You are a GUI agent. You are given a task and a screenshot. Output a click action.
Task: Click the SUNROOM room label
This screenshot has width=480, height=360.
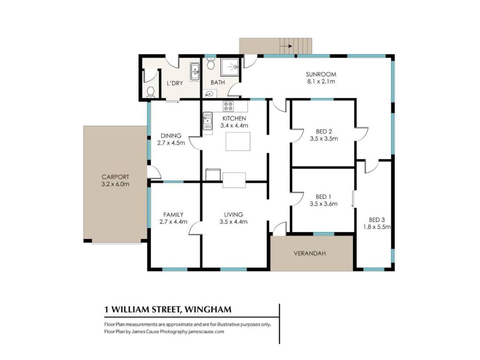(x=321, y=75)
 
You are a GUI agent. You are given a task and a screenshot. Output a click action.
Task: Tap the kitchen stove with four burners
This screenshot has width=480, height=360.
(x=228, y=106)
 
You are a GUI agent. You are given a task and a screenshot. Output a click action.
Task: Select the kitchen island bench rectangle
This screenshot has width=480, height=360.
(x=238, y=142)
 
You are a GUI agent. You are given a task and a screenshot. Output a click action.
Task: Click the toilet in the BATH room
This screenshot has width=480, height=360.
(x=210, y=64)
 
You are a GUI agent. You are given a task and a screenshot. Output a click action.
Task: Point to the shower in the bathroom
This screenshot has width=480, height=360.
(x=232, y=67)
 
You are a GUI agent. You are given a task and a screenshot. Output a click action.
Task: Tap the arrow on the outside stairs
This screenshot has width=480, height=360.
(x=286, y=46)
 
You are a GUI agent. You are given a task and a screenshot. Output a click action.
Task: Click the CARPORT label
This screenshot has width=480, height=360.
(x=115, y=177)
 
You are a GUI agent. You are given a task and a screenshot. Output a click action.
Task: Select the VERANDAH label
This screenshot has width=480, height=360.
(x=310, y=254)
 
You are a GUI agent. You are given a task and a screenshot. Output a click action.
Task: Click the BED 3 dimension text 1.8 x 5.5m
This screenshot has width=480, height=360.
(x=377, y=227)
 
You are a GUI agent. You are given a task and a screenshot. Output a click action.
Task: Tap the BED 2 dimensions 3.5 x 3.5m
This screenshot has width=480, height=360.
(x=324, y=139)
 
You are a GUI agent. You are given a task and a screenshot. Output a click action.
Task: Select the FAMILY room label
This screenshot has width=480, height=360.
(x=173, y=215)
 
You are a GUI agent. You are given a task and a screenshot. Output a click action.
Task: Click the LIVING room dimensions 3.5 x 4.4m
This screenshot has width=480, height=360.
(x=233, y=222)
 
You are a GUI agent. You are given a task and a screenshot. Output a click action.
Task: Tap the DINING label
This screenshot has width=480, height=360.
(x=171, y=135)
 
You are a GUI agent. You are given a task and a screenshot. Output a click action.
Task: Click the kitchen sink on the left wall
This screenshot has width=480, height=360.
(x=208, y=121)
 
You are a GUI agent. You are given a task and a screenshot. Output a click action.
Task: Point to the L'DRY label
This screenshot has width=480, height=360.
(x=175, y=83)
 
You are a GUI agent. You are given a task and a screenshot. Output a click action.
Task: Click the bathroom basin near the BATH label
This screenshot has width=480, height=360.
(x=210, y=94)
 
